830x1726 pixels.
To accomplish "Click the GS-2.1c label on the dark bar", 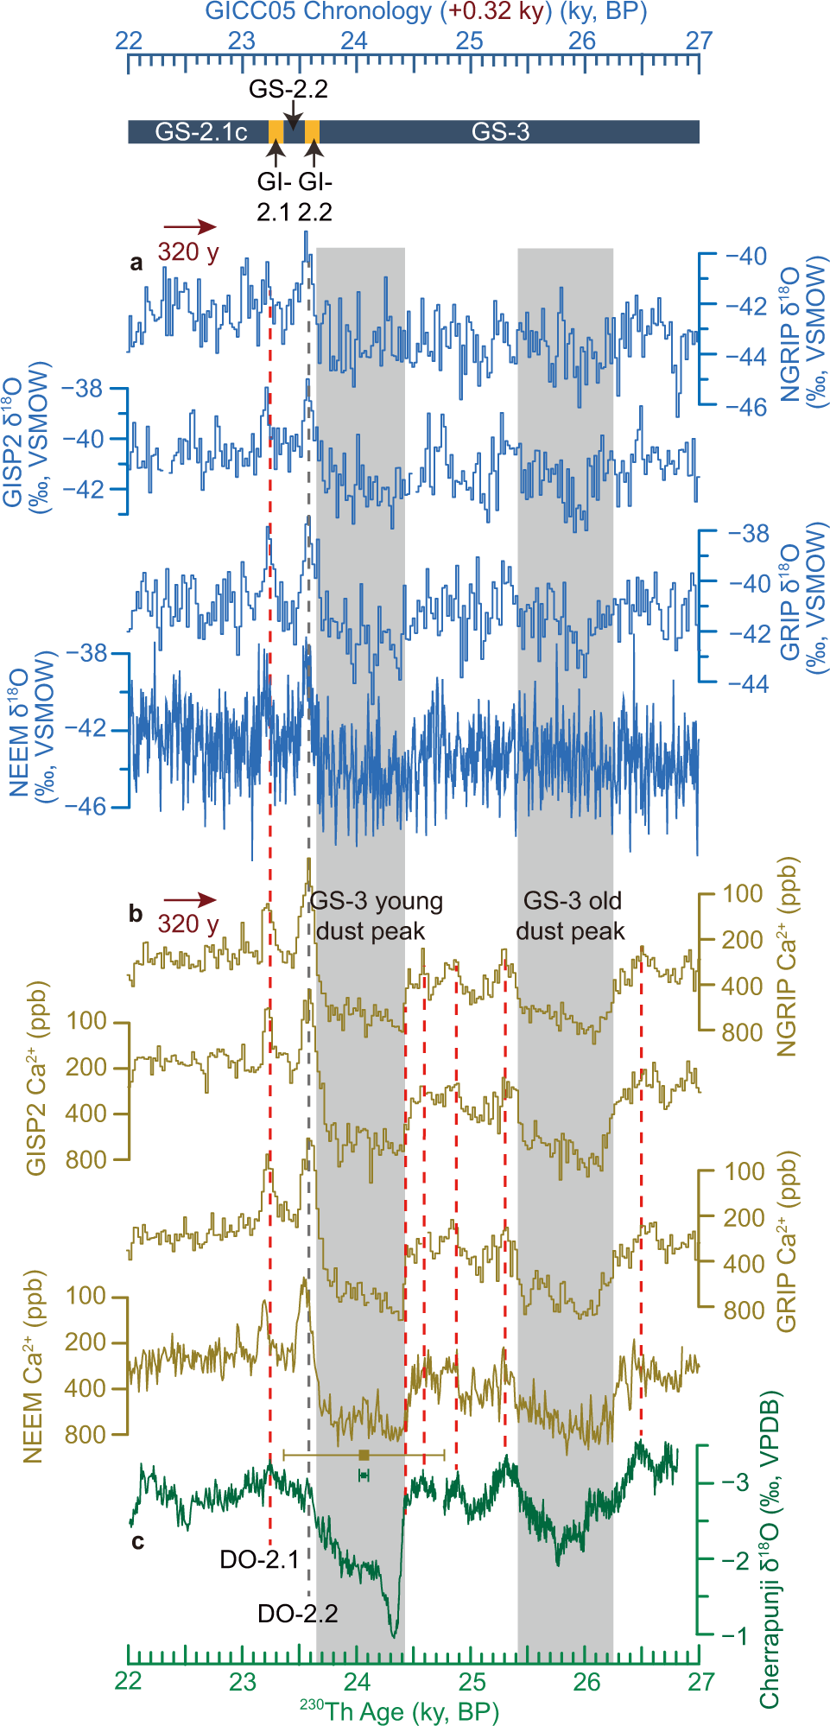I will tap(201, 132).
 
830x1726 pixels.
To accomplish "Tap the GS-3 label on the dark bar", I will tap(500, 132).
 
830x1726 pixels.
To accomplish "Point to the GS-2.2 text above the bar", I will tap(288, 89).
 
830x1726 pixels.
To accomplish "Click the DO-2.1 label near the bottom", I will tap(259, 1559).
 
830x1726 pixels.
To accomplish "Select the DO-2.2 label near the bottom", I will tap(298, 1613).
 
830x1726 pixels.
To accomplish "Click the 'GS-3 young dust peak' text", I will tap(375, 916).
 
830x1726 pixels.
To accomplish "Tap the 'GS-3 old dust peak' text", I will tap(571, 916).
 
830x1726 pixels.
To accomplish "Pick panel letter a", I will tap(136, 263).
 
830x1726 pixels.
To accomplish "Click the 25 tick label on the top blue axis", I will tap(469, 41).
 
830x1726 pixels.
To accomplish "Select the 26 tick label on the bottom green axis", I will tap(586, 1681).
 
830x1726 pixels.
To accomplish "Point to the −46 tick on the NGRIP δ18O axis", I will tap(745, 407).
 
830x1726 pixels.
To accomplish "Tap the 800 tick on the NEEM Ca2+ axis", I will tap(86, 1435).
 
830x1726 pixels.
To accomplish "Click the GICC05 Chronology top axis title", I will tap(426, 12).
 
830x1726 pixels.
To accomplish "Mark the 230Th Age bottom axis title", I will tap(399, 1710).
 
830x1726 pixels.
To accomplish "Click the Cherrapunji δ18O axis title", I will tap(770, 1550).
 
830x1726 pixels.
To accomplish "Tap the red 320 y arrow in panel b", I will tap(190, 900).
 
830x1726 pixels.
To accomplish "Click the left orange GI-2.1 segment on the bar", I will tap(276, 132).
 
